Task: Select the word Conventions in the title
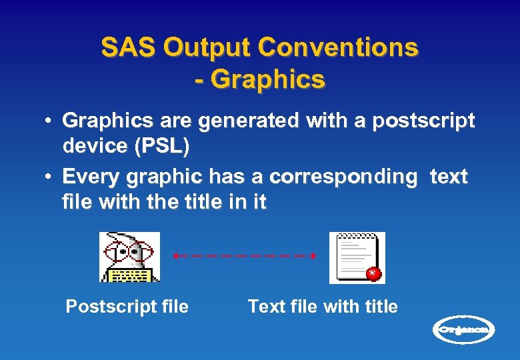tap(338, 48)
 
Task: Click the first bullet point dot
tap(49, 121)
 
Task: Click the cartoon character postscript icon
tap(129, 257)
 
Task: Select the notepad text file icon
tap(357, 257)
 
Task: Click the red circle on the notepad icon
tap(374, 273)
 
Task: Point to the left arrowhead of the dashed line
tap(175, 255)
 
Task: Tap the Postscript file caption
tap(127, 307)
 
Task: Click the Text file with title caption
tap(323, 307)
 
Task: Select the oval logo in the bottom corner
tap(465, 329)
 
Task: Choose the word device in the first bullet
tap(94, 145)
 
